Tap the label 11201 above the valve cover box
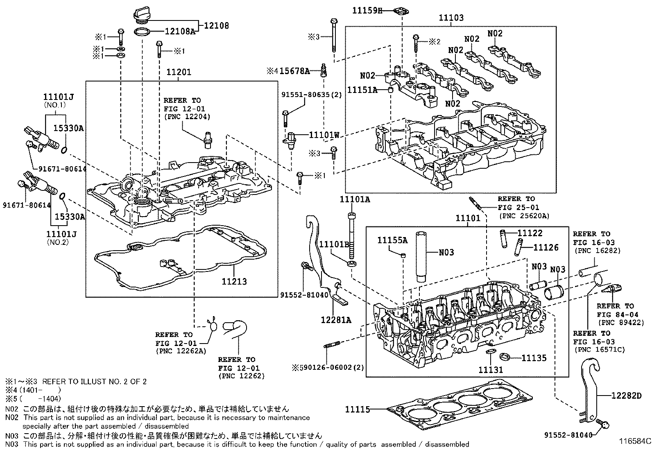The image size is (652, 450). pos(179,72)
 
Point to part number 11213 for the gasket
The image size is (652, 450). pos(234,282)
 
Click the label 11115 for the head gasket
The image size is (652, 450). pos(358,409)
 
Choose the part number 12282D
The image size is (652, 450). pos(626,396)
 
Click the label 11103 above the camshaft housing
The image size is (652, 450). pos(451,18)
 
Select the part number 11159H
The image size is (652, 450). pos(367,11)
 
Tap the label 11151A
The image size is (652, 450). pos(362,89)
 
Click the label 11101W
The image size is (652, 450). pos(324,135)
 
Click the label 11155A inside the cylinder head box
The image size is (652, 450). pos(392,241)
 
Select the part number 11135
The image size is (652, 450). pos(534,358)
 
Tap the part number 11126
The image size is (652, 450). pos(546,247)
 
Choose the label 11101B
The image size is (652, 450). pos(334,245)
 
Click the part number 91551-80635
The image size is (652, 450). pos(305,95)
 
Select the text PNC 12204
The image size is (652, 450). pos(187,117)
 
